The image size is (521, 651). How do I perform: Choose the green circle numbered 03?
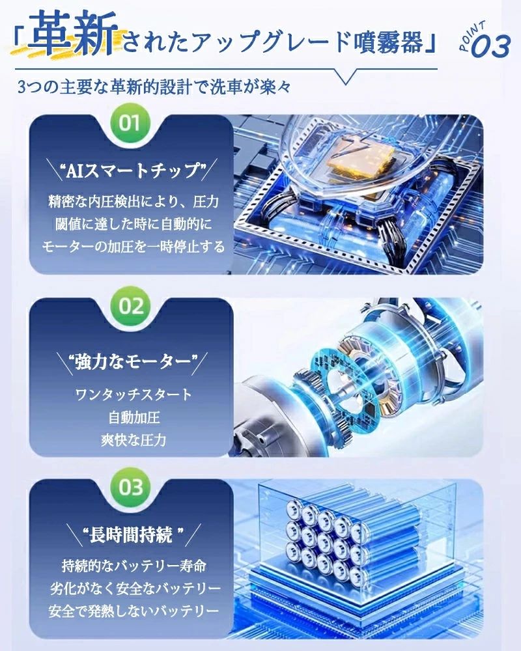tap(130, 487)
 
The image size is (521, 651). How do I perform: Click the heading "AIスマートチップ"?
tap(134, 170)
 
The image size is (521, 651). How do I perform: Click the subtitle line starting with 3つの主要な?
tap(154, 87)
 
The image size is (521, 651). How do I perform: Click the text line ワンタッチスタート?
tap(134, 394)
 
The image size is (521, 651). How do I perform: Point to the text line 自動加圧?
tap(134, 417)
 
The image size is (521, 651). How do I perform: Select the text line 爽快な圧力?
tap(134, 439)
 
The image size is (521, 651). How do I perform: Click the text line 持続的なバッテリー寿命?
tap(134, 566)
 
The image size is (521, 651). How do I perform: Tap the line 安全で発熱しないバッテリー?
tap(134, 611)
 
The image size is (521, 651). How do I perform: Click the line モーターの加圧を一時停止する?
tap(134, 247)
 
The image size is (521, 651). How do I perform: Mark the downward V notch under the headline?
tap(345, 77)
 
